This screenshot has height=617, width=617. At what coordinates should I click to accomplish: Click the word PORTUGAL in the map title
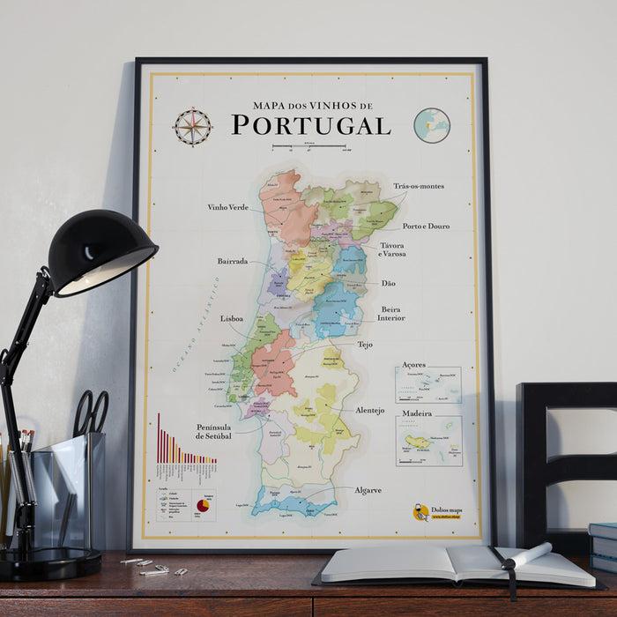pos(311,125)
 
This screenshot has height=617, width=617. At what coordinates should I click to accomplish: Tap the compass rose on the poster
pos(191,126)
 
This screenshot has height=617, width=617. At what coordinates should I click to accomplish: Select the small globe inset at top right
pos(432,125)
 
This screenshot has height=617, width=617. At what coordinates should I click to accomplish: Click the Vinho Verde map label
pos(227,208)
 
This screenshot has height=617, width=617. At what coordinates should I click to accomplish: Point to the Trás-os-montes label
pos(419,186)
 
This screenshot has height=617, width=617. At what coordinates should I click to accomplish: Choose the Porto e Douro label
pos(426,226)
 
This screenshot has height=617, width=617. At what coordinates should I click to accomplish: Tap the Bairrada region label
pos(233,262)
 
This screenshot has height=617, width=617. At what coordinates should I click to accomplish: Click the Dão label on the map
pos(389,283)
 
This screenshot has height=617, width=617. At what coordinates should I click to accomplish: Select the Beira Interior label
pos(392,314)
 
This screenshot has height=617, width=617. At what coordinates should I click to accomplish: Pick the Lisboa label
pos(232,318)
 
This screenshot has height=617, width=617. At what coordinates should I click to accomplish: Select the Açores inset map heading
pos(413,364)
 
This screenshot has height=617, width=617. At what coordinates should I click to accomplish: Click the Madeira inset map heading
pos(417,413)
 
